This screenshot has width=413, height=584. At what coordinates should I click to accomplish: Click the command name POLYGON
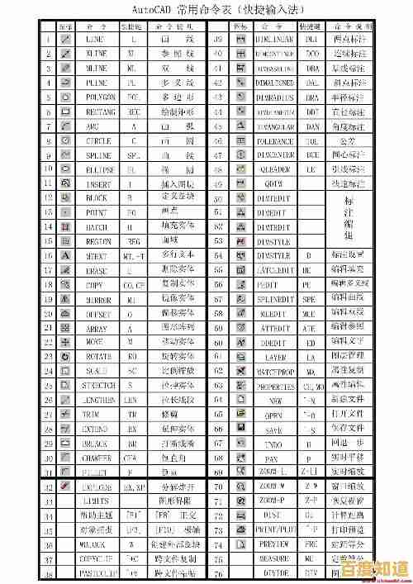(x=97, y=97)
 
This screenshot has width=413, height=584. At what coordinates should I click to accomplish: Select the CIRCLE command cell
(x=97, y=140)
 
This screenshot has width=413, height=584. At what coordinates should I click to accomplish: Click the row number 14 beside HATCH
(x=48, y=226)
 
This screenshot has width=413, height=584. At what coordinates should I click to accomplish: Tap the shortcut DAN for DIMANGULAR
(x=312, y=126)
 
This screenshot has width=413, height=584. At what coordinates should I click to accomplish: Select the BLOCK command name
(x=97, y=197)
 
